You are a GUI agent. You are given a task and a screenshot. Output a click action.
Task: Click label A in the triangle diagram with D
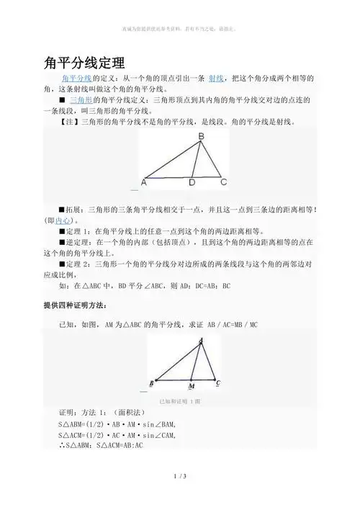pyautogui.click(x=144, y=183)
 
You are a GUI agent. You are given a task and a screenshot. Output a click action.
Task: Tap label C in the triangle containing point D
pyautogui.click(x=224, y=182)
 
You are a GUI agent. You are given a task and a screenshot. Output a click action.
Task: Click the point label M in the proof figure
pyautogui.click(x=191, y=385)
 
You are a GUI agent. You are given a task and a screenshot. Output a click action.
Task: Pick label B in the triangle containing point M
pyautogui.click(x=151, y=382)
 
